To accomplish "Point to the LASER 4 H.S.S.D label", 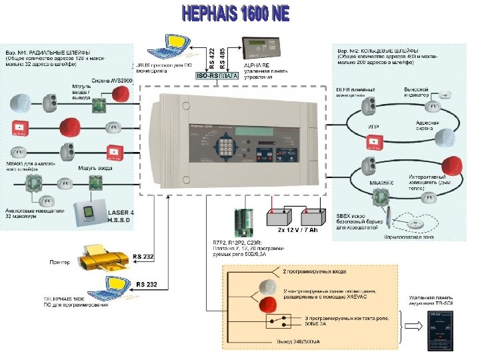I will point(121,216).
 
